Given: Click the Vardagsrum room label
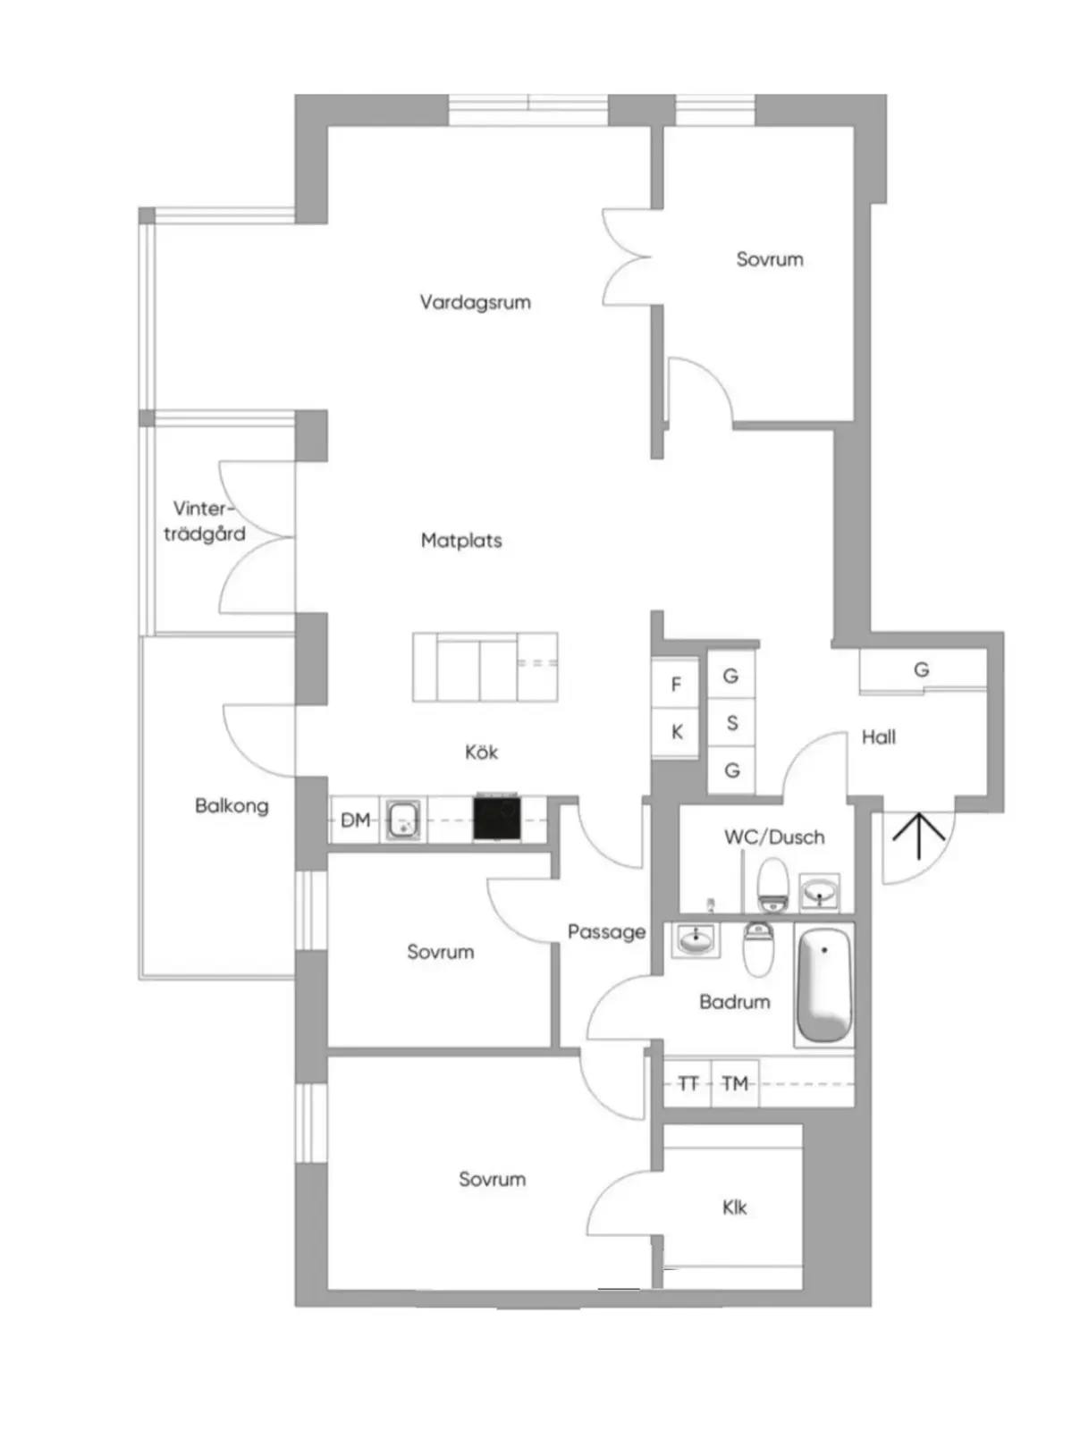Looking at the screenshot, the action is coord(475,302).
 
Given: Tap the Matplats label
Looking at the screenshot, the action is coord(461,540).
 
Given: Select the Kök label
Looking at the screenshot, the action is coord(481,752).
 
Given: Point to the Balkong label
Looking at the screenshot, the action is coord(232,806).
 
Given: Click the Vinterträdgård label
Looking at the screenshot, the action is coord(205,521).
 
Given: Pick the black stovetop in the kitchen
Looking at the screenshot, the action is coord(496,818).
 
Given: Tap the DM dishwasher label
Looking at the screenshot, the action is coord(356,820).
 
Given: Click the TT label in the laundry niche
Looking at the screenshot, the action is coord(688,1083).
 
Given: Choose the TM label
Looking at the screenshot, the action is coord(736,1083).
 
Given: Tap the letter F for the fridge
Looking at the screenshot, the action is coord(676,684).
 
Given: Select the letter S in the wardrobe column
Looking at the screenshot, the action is coord(732,722).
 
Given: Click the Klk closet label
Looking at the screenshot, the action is coord(734,1207).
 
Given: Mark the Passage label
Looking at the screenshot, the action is coord(606,932).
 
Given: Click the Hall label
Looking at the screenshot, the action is coord(879,736).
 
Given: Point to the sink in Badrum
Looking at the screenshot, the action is coord(696,939).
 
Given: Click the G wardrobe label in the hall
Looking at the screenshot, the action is coord(921,669).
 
